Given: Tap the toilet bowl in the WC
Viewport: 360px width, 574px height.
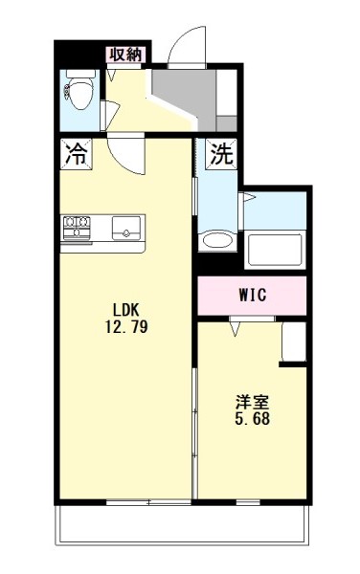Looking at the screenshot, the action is tap(80, 95).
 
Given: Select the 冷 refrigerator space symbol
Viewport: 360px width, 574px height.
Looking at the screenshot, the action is tap(77, 154).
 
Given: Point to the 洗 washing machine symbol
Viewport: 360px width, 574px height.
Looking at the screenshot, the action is tap(221, 154).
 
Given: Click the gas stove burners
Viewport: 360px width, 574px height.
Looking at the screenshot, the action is tap(77, 228).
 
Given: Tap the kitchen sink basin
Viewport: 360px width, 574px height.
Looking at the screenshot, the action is tap(126, 228).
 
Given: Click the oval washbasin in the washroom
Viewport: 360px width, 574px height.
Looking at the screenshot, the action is tap(217, 240).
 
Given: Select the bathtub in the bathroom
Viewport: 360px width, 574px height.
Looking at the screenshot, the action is tap(275, 250).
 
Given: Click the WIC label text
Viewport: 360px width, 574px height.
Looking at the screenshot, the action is tap(253, 295).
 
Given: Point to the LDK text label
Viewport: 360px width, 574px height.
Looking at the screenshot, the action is tap(126, 310).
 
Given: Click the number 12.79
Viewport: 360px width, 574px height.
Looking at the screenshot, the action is tap(126, 326).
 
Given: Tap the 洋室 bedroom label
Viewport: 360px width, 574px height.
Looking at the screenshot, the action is tap(253, 403).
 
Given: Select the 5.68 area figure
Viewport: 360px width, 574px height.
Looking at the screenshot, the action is tap(253, 418).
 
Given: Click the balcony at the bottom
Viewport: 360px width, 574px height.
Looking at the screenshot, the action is tap(182, 524).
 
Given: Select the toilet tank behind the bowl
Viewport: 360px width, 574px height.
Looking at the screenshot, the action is tap(80, 74).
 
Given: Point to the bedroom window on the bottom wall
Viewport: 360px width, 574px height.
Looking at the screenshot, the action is tap(248, 503).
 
